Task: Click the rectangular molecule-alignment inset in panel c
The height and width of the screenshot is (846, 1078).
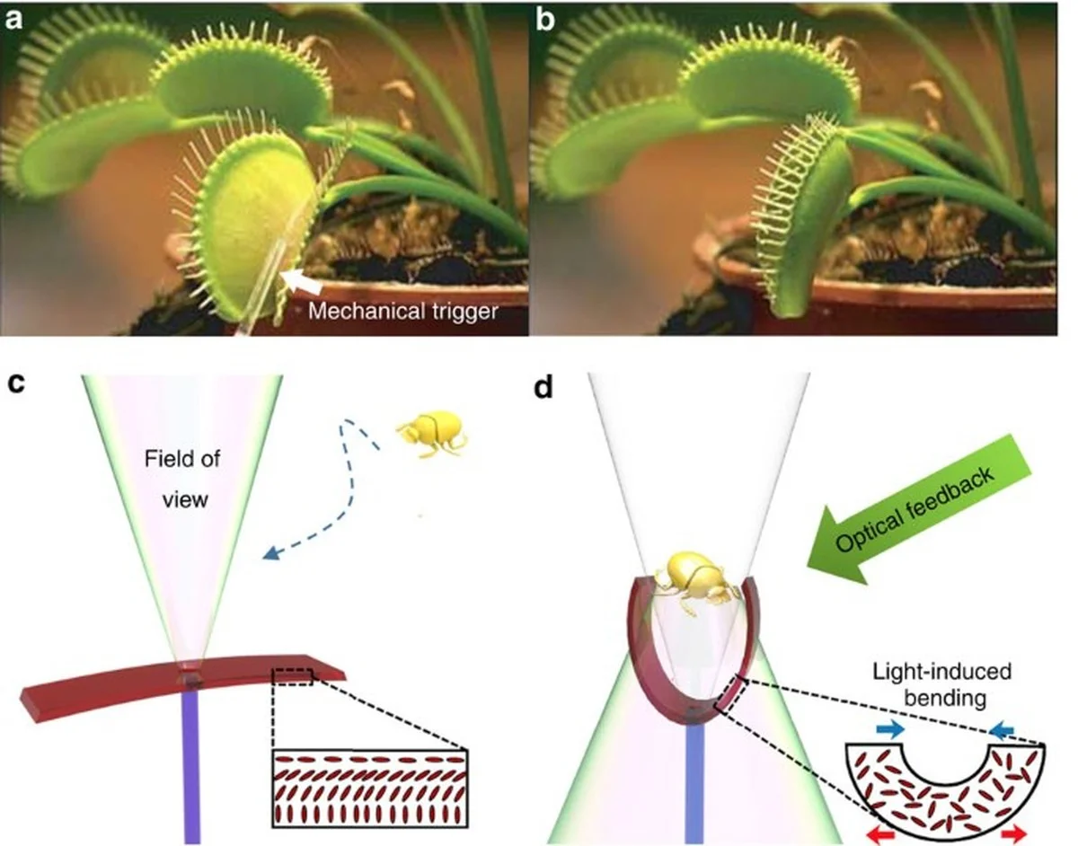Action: [x=369, y=788]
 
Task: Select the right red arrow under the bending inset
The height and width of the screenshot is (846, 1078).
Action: [x=1013, y=834]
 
